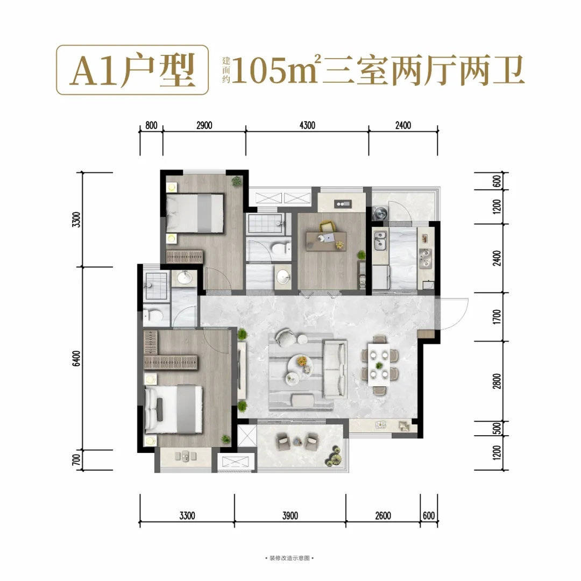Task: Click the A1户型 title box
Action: point(132,70)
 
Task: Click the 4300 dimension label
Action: point(307,125)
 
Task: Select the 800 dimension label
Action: point(151,125)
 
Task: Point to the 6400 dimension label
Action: point(76,358)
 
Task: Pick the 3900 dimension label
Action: point(290,515)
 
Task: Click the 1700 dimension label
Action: point(497,317)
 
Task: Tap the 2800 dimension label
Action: point(497,381)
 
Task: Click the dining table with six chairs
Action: point(379,365)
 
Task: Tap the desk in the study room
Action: point(326,241)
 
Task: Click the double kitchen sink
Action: point(380,241)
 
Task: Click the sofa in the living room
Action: point(335,369)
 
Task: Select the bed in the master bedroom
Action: point(173,409)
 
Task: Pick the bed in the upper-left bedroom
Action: point(195,213)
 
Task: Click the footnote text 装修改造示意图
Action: point(289,558)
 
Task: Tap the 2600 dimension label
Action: point(383,515)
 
